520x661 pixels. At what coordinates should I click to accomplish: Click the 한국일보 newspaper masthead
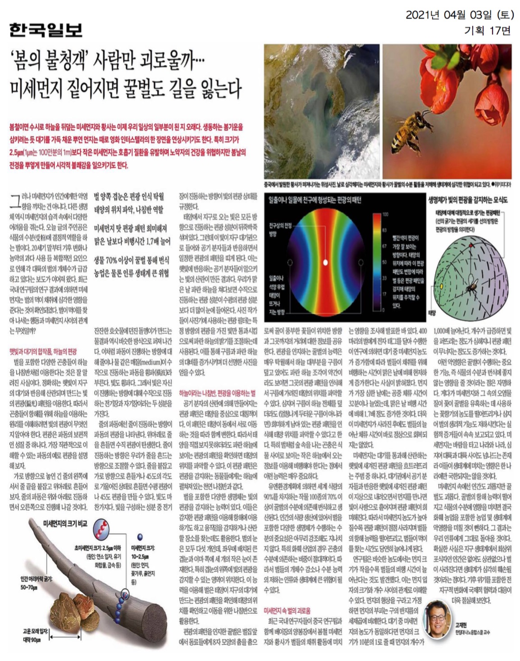[x=46, y=30]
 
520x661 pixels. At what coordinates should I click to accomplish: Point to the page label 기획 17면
[x=488, y=31]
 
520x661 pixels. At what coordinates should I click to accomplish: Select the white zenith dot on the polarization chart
[x=325, y=262]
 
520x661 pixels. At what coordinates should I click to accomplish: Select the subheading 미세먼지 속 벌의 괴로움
[x=287, y=611]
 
